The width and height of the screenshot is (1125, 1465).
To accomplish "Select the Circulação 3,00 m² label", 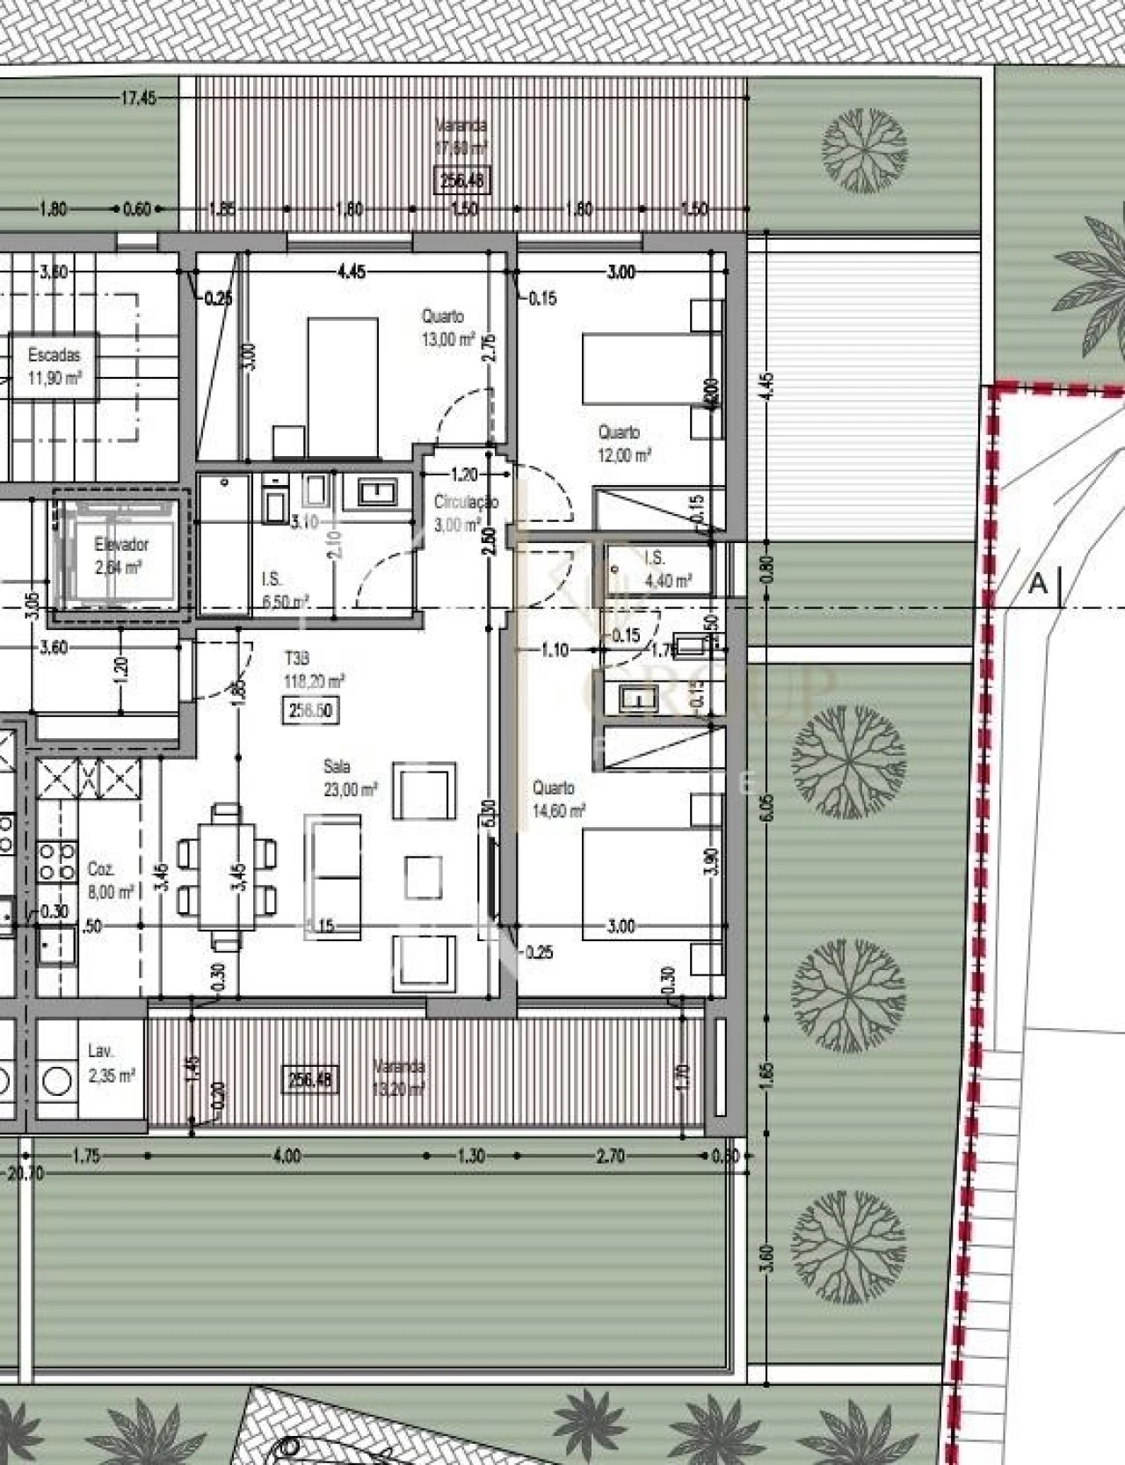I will (x=465, y=513).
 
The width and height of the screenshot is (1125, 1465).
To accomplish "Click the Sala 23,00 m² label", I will (x=350, y=779).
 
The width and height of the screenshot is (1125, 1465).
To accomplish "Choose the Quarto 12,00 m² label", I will (x=623, y=444).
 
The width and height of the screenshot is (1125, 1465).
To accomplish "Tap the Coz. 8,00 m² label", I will (x=110, y=880).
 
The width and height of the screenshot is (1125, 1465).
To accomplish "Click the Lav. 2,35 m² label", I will (x=110, y=1062).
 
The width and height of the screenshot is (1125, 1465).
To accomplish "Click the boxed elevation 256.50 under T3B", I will (x=310, y=710).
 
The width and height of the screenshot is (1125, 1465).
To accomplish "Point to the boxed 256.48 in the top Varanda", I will (x=462, y=182).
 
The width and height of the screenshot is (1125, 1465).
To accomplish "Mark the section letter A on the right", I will (x=1038, y=583).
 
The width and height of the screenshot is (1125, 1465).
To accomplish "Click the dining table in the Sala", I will (x=227, y=875).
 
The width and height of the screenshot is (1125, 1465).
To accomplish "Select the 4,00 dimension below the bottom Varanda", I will (x=287, y=1156).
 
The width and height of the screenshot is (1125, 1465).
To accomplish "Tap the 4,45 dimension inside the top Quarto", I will (x=351, y=272).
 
